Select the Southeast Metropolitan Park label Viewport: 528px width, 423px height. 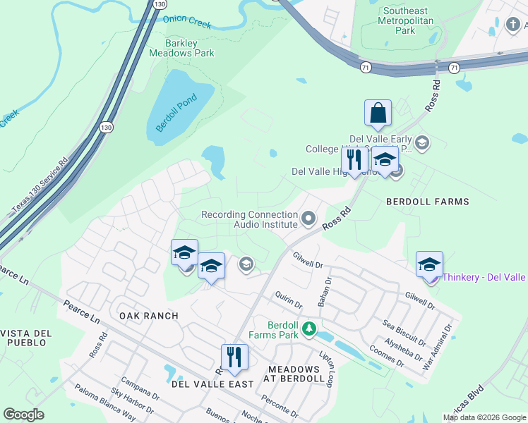tap(405, 20)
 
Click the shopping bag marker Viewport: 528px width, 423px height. tap(378, 114)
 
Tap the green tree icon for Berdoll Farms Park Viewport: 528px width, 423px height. tap(308, 329)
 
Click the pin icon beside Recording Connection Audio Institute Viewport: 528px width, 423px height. tap(308, 219)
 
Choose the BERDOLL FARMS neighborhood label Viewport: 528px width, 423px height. tap(428, 202)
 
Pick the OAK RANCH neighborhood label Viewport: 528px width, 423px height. tap(148, 315)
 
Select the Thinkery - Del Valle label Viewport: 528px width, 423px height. tap(484, 278)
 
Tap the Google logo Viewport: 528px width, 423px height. tap(23, 415)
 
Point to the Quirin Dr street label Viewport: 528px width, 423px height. tap(289, 300)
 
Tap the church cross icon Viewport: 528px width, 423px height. tap(512, 25)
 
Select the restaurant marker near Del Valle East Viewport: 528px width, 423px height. tap(234, 357)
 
